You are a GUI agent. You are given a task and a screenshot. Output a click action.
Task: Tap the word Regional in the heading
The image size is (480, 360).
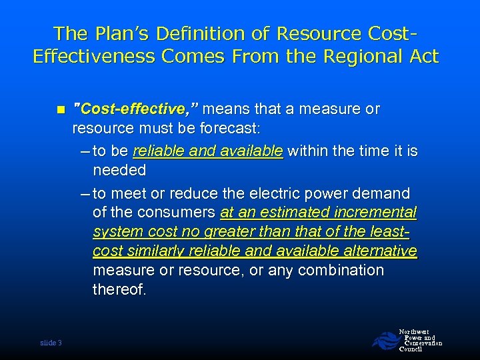point(364,55)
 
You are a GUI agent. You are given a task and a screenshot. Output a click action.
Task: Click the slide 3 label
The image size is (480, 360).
point(51,343)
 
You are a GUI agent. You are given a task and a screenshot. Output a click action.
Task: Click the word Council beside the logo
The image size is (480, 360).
point(411,349)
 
